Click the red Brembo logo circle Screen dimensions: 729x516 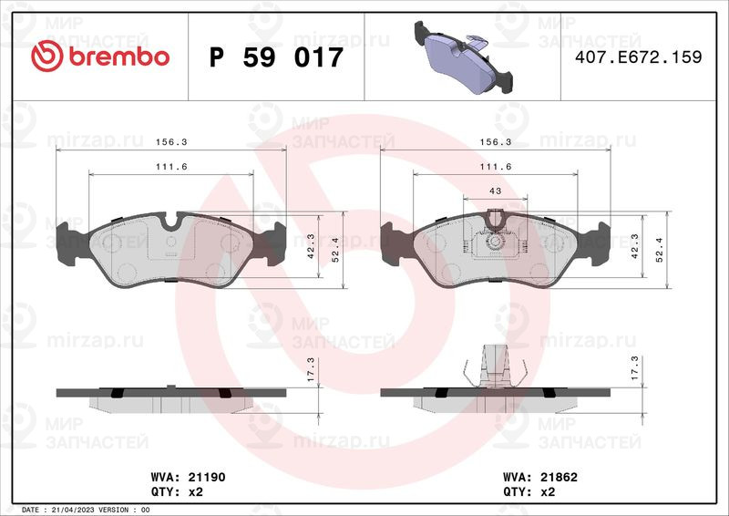pyautogui.click(x=46, y=56)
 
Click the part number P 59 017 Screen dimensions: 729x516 pyautogui.click(x=276, y=57)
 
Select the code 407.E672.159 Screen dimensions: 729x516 pyautogui.click(x=639, y=57)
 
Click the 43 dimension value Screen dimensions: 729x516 pyautogui.click(x=496, y=191)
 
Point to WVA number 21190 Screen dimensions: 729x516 pyautogui.click(x=207, y=477)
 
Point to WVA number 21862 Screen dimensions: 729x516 pyautogui.click(x=559, y=477)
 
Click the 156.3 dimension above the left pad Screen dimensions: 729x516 pyautogui.click(x=171, y=142)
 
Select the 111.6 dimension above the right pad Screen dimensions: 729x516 pyautogui.click(x=496, y=167)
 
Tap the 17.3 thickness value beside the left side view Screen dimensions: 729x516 pyautogui.click(x=311, y=369)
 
